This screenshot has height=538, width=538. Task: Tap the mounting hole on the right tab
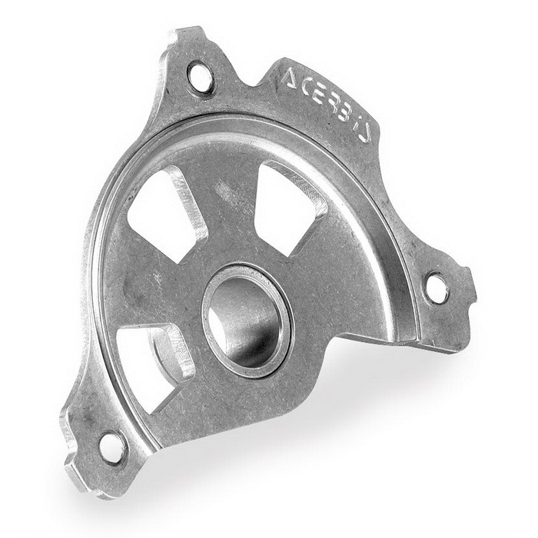(x=437, y=286)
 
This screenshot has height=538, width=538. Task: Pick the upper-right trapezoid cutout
(x=287, y=206)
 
